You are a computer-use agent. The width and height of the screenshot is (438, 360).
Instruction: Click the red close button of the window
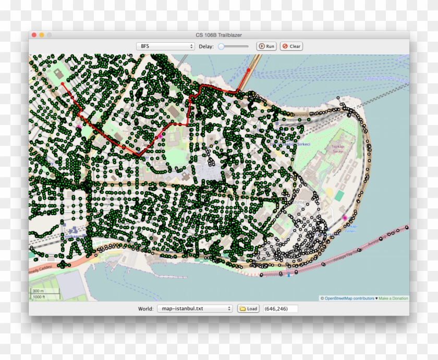(34, 35)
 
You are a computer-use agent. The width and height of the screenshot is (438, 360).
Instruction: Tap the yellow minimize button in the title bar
(42, 35)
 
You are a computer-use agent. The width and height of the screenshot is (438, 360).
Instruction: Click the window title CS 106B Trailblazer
(218, 35)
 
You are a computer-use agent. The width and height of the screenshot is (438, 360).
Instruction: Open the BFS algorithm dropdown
(166, 46)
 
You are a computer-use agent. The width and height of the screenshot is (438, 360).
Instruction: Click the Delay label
(206, 46)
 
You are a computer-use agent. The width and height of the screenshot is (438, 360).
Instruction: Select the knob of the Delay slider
(222, 46)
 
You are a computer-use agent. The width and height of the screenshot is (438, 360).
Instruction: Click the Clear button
(291, 46)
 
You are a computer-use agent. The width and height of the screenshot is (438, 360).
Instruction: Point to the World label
(145, 308)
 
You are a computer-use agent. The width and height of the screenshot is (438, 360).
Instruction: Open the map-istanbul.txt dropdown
(194, 308)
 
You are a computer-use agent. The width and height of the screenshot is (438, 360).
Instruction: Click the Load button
(249, 308)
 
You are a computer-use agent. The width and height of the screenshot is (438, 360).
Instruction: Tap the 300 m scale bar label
(38, 291)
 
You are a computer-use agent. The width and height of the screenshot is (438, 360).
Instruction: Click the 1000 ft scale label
(39, 296)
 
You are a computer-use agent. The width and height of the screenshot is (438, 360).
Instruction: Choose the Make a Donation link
(393, 299)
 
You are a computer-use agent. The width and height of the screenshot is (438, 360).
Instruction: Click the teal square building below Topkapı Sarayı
(339, 195)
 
